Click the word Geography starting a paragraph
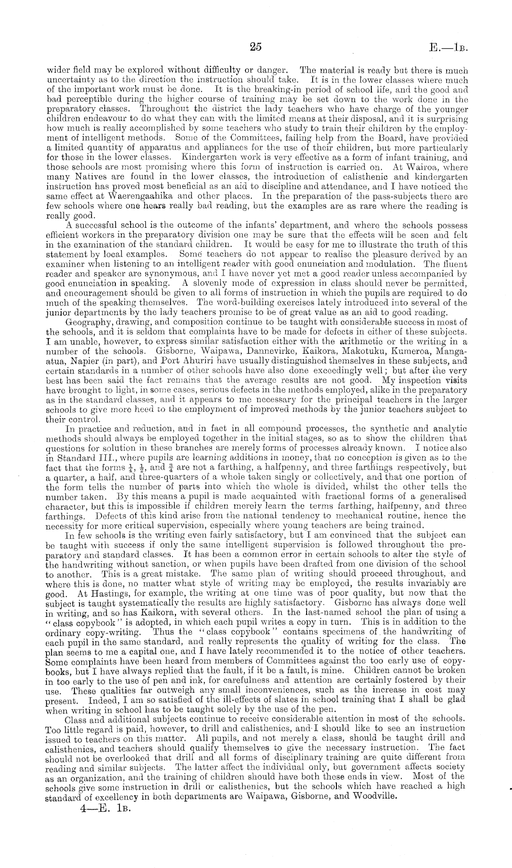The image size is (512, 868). (x=85, y=322)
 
